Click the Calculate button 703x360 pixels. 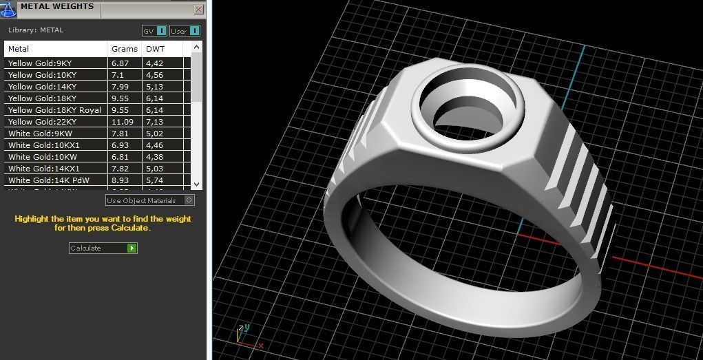[x=103, y=248]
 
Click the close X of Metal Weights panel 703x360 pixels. [x=199, y=10]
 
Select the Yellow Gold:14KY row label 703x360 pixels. [x=43, y=87]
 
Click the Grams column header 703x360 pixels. [x=125, y=49]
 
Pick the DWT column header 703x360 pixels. [x=155, y=49]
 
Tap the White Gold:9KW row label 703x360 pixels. [x=40, y=134]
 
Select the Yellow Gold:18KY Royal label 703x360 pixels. [x=54, y=110]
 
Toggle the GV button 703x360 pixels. [x=154, y=31]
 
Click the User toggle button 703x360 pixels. [x=185, y=31]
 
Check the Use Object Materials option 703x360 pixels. [x=190, y=200]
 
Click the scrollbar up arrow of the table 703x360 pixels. [x=196, y=47]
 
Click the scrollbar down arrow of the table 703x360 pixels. [x=196, y=184]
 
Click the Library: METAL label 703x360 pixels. [x=36, y=30]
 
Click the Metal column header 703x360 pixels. [x=19, y=49]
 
